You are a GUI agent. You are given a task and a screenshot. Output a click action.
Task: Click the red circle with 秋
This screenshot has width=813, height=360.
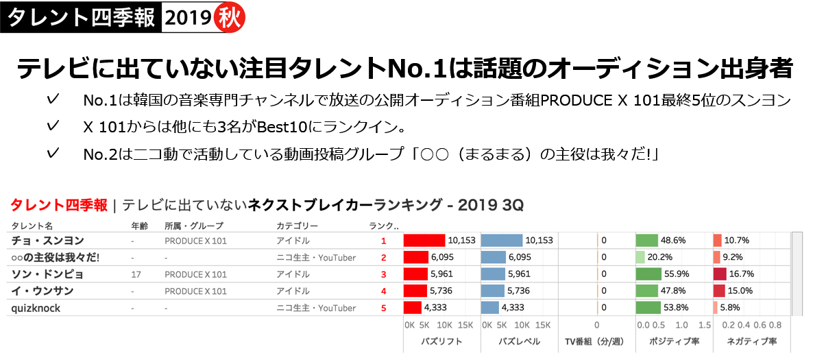tap(229, 19)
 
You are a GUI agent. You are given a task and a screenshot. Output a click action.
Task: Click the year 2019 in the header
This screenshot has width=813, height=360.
tap(186, 19)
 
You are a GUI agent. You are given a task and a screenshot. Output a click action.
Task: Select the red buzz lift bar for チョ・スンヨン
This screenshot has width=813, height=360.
tap(424, 241)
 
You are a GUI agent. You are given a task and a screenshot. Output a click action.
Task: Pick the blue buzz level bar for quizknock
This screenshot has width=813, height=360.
tap(490, 308)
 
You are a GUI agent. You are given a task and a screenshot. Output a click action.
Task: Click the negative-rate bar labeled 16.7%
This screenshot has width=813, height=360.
tap(720, 274)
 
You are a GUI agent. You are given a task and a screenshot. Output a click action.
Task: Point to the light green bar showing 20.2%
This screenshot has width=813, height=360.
tap(641, 257)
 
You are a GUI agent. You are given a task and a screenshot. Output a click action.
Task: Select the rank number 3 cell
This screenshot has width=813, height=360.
tap(384, 274)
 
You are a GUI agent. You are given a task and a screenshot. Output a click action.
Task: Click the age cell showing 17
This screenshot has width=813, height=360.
tap(136, 274)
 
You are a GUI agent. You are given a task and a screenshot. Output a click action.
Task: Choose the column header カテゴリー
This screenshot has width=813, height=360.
tap(297, 225)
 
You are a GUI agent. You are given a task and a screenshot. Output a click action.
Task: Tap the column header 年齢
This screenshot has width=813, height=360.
tap(139, 225)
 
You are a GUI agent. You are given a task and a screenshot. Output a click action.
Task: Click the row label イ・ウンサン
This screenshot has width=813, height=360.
tap(43, 291)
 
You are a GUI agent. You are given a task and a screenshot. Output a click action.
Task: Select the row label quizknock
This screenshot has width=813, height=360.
tap(36, 308)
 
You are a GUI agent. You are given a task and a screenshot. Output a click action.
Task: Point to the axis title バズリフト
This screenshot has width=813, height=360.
tap(439, 341)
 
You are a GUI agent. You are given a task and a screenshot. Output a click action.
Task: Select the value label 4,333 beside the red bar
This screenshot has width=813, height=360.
tap(436, 308)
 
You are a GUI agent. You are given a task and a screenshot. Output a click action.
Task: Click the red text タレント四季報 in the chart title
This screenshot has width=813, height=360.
tap(59, 204)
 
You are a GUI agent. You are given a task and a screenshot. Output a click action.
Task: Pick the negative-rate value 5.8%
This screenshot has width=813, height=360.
tap(730, 308)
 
